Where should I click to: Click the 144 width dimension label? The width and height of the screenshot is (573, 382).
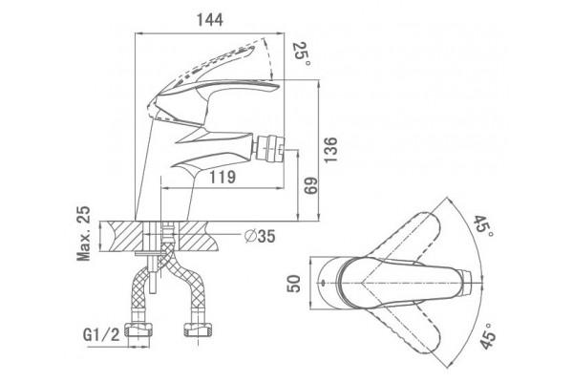point(210,20)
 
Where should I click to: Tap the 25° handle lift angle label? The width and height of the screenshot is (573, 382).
point(302,53)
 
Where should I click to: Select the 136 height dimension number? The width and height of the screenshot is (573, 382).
point(330,150)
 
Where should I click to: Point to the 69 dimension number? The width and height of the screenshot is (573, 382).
point(311,186)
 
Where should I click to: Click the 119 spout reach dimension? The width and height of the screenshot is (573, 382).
point(223,178)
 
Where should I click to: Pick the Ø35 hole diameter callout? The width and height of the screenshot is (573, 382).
point(260,236)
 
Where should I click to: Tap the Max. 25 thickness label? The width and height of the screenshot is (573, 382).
point(84,234)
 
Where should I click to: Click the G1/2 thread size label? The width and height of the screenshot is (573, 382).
point(101,334)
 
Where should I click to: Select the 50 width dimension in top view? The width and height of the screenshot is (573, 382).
point(293,284)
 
